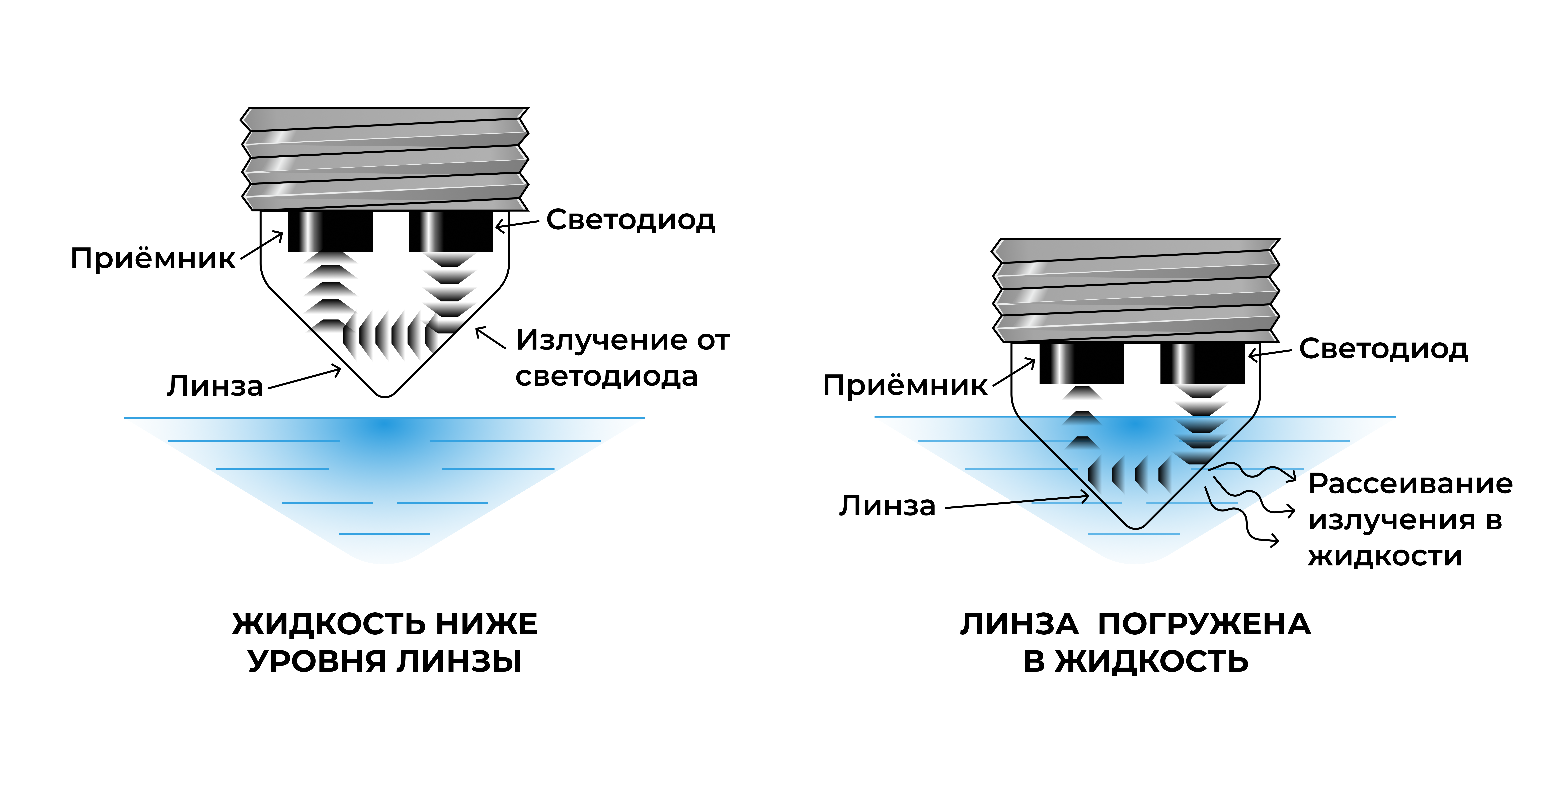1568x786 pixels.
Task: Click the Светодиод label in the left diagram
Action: click(631, 220)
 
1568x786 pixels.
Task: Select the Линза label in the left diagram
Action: click(215, 386)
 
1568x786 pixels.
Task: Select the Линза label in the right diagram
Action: click(887, 506)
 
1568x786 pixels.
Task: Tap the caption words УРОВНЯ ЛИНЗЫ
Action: click(385, 661)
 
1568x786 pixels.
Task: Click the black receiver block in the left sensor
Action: click(330, 231)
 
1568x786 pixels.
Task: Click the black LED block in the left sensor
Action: click(450, 231)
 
